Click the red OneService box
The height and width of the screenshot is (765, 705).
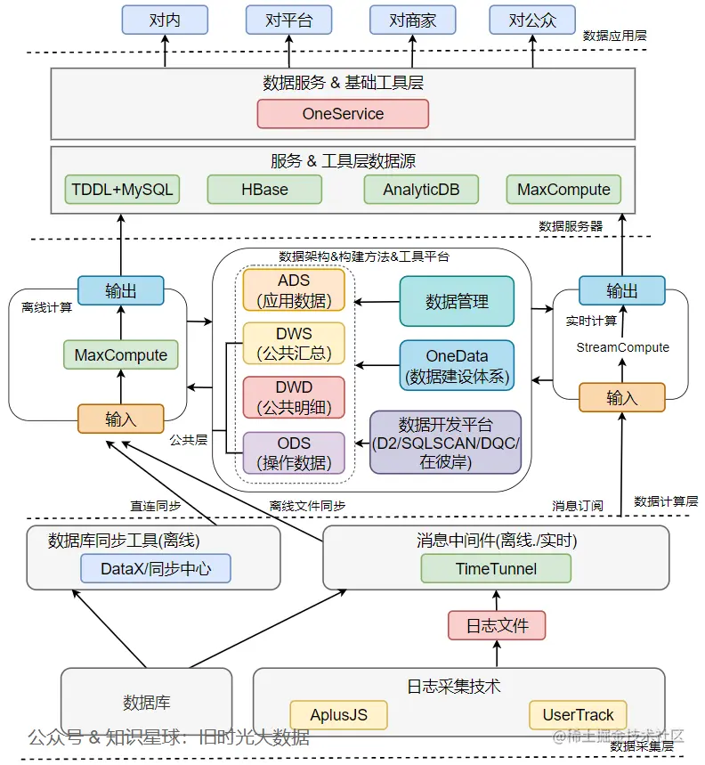click(x=343, y=114)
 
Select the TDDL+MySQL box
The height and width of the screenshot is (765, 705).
click(x=123, y=190)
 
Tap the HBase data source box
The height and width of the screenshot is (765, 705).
click(x=264, y=190)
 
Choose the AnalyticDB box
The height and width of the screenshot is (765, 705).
click(x=421, y=190)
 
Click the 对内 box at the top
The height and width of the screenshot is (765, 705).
click(x=165, y=20)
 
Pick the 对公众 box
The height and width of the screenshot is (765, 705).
click(x=533, y=20)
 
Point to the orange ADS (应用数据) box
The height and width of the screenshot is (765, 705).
click(x=294, y=290)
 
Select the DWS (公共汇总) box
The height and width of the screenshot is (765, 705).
click(x=294, y=344)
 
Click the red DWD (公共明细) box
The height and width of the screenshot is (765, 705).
click(x=294, y=398)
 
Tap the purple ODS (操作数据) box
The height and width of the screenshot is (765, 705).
click(x=294, y=452)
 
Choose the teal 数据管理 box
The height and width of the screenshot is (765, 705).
click(x=457, y=302)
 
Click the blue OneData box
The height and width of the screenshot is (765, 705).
click(x=457, y=365)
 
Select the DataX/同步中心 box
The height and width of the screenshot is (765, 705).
click(x=156, y=568)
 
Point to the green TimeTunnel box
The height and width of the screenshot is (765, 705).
click(x=496, y=568)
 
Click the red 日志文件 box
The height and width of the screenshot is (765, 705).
click(x=496, y=625)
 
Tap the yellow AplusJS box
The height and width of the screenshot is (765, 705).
click(x=340, y=715)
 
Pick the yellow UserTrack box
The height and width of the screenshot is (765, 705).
click(x=578, y=715)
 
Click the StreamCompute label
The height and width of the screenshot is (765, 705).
click(x=622, y=347)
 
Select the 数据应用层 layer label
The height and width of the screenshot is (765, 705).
click(x=615, y=36)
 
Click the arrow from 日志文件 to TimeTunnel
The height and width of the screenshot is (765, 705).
click(x=496, y=597)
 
